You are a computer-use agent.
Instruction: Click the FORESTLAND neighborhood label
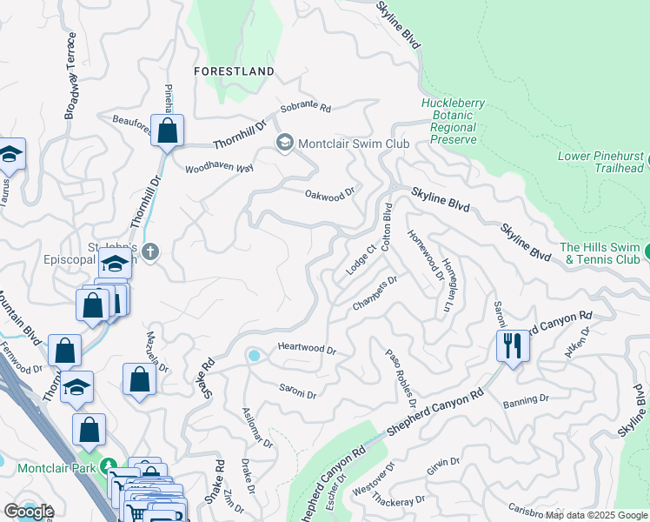[235, 71]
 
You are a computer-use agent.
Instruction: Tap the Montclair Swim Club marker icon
[285, 143]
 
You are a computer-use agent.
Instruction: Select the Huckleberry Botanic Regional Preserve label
[453, 121]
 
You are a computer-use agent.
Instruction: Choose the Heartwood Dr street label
[306, 347]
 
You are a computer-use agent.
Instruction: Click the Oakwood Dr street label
[330, 193]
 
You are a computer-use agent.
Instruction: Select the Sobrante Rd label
[305, 110]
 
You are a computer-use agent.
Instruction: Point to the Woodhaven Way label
[218, 167]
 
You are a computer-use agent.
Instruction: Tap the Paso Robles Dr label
[401, 376]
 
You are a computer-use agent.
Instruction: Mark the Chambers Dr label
[375, 292]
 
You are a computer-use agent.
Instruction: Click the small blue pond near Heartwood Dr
[254, 356]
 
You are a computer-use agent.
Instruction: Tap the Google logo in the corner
[29, 511]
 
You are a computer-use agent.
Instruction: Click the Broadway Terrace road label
[71, 77]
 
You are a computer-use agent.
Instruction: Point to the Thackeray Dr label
[401, 501]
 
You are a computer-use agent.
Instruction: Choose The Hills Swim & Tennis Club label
[600, 253]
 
